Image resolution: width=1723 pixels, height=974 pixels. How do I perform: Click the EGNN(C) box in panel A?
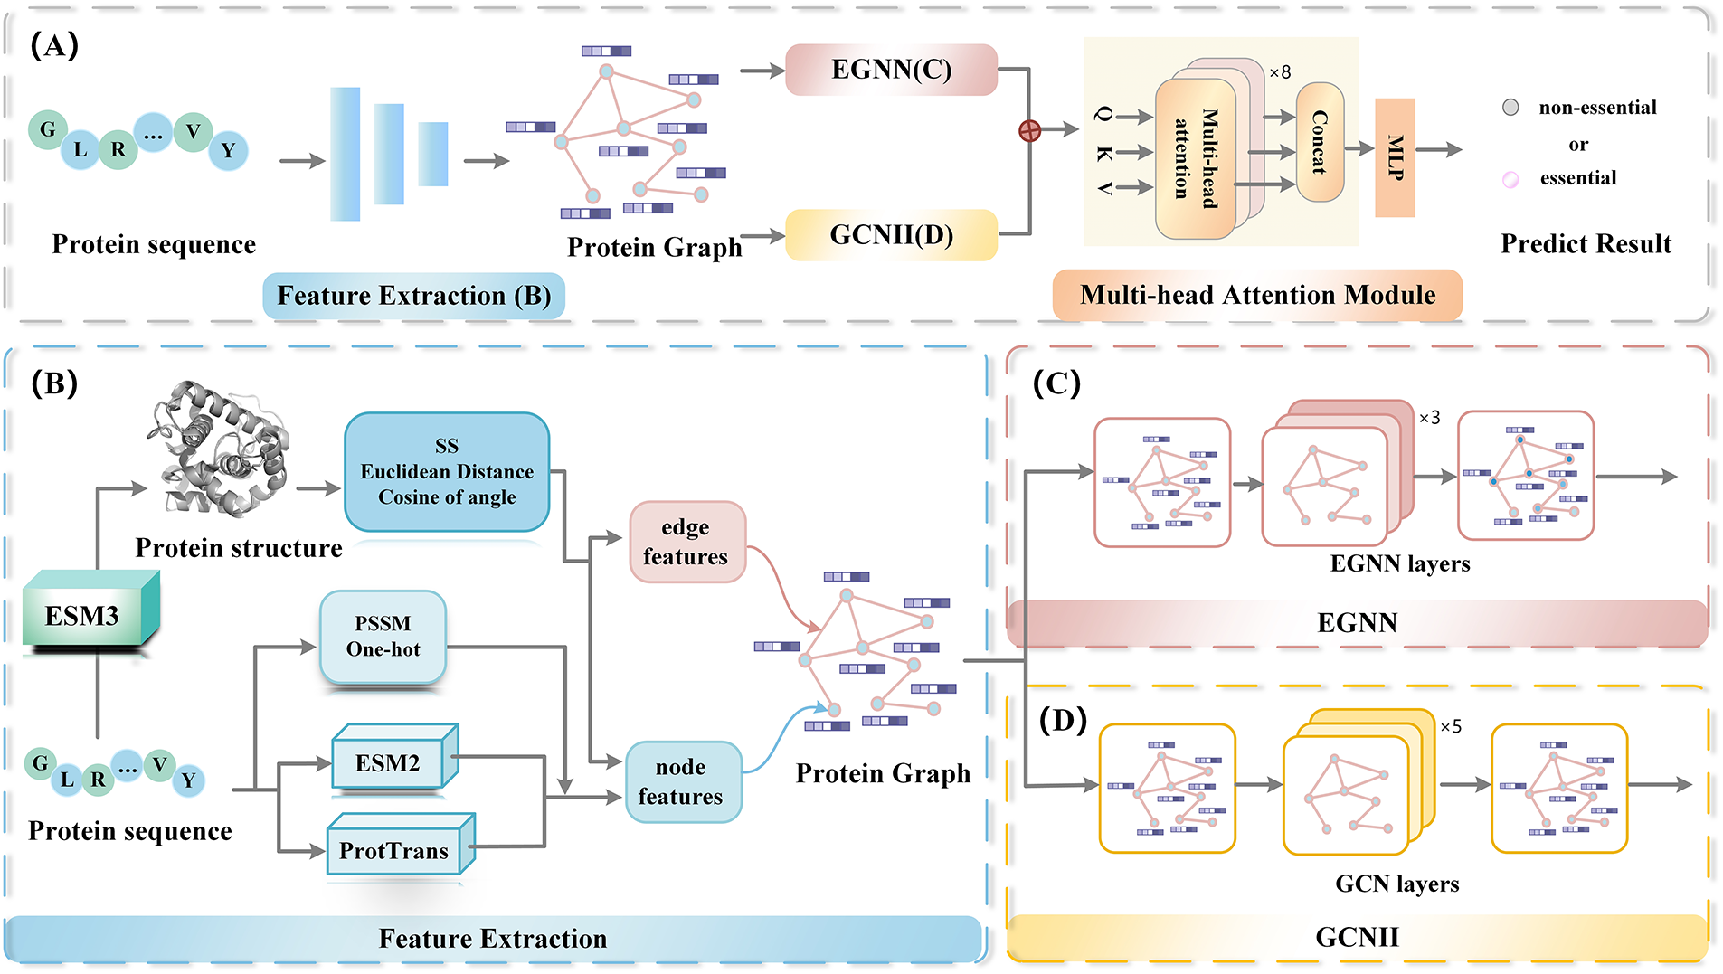coord(891,70)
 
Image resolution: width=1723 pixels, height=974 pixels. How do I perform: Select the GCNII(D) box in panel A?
coord(891,235)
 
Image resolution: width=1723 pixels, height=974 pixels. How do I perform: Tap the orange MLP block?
coord(1395,157)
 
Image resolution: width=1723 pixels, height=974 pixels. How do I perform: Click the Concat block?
coord(1320,142)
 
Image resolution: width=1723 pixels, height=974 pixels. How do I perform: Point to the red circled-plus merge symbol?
coord(1029,131)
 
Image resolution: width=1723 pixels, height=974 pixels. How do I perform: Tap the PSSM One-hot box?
coord(383,637)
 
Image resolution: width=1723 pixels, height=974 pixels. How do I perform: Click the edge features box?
coord(686,542)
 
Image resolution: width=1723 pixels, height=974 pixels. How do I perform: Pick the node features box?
coord(682,781)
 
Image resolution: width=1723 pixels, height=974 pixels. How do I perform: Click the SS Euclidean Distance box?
coord(447,471)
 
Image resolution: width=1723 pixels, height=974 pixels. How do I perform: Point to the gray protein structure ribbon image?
coord(220,448)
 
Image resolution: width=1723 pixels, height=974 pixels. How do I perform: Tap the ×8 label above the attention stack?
coord(1280,72)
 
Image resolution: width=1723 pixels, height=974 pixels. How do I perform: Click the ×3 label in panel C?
coord(1429,418)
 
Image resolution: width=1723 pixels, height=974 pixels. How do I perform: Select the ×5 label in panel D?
coord(1451,727)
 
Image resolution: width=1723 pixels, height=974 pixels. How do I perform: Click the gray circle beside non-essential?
coord(1510,108)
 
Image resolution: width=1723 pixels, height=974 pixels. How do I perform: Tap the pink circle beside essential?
coord(1510,179)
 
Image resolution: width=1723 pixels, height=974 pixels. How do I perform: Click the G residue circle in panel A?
coord(47,129)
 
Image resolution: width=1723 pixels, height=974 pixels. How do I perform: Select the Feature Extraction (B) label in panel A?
coord(413,296)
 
